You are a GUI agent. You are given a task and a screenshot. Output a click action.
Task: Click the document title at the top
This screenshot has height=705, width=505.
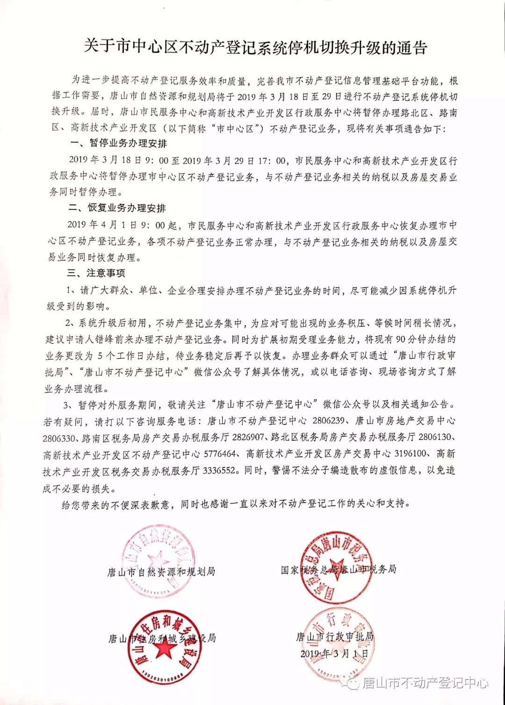point(255,47)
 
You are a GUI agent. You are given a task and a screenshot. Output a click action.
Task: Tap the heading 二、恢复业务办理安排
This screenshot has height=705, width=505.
point(117,208)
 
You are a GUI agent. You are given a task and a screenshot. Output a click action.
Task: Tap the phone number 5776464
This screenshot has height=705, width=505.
point(220,453)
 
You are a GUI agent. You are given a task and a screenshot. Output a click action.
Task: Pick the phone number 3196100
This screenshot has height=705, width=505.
point(411,453)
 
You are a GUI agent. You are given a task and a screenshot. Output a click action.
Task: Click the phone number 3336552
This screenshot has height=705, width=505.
point(219,470)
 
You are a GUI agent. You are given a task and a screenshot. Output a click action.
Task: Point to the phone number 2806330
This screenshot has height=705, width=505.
point(59,438)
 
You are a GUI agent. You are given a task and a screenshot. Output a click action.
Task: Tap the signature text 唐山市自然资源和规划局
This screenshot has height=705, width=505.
point(161,572)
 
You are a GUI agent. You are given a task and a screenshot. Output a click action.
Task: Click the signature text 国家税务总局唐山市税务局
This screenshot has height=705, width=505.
point(339,569)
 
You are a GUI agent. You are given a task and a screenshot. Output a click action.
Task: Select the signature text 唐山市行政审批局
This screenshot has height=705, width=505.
point(335,637)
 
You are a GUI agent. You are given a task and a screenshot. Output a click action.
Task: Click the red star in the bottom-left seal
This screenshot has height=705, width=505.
point(164,648)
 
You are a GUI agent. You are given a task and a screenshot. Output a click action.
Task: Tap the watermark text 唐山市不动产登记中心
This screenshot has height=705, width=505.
point(425,683)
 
